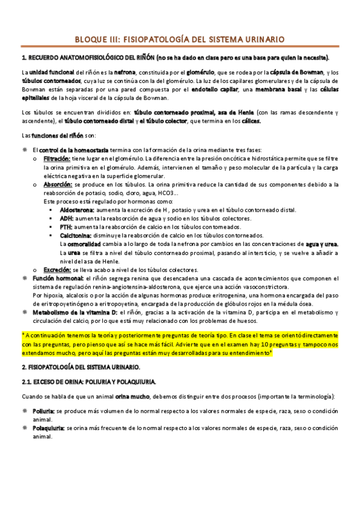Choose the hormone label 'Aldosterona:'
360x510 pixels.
tap(77, 210)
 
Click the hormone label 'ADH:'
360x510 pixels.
tap(67, 218)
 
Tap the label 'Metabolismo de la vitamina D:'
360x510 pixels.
tap(75, 313)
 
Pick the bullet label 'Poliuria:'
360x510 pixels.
tap(44, 410)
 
